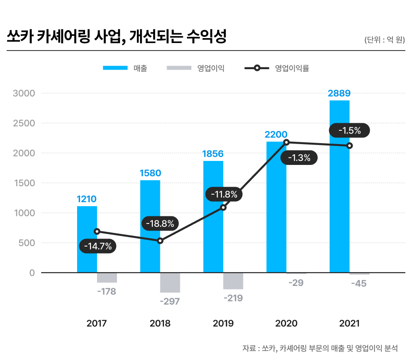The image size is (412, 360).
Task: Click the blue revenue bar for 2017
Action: [87, 239]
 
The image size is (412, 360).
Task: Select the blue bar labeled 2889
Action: [339, 186]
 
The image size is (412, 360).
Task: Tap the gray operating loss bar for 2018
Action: [170, 282]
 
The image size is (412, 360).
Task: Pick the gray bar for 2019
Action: [233, 281]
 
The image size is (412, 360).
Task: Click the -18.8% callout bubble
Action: [160, 223]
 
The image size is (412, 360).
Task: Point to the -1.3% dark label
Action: [299, 157]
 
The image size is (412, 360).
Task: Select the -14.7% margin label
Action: [98, 246]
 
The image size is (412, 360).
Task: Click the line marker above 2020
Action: [286, 142]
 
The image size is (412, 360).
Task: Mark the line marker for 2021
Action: [350, 145]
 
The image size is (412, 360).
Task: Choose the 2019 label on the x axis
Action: [223, 324]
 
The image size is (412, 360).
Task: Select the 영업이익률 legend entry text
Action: [292, 68]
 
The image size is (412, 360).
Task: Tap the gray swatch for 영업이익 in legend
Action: [179, 68]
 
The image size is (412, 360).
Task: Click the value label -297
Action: [170, 301]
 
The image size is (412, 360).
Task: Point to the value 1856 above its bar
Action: [213, 154]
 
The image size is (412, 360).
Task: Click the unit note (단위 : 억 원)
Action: [385, 40]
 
